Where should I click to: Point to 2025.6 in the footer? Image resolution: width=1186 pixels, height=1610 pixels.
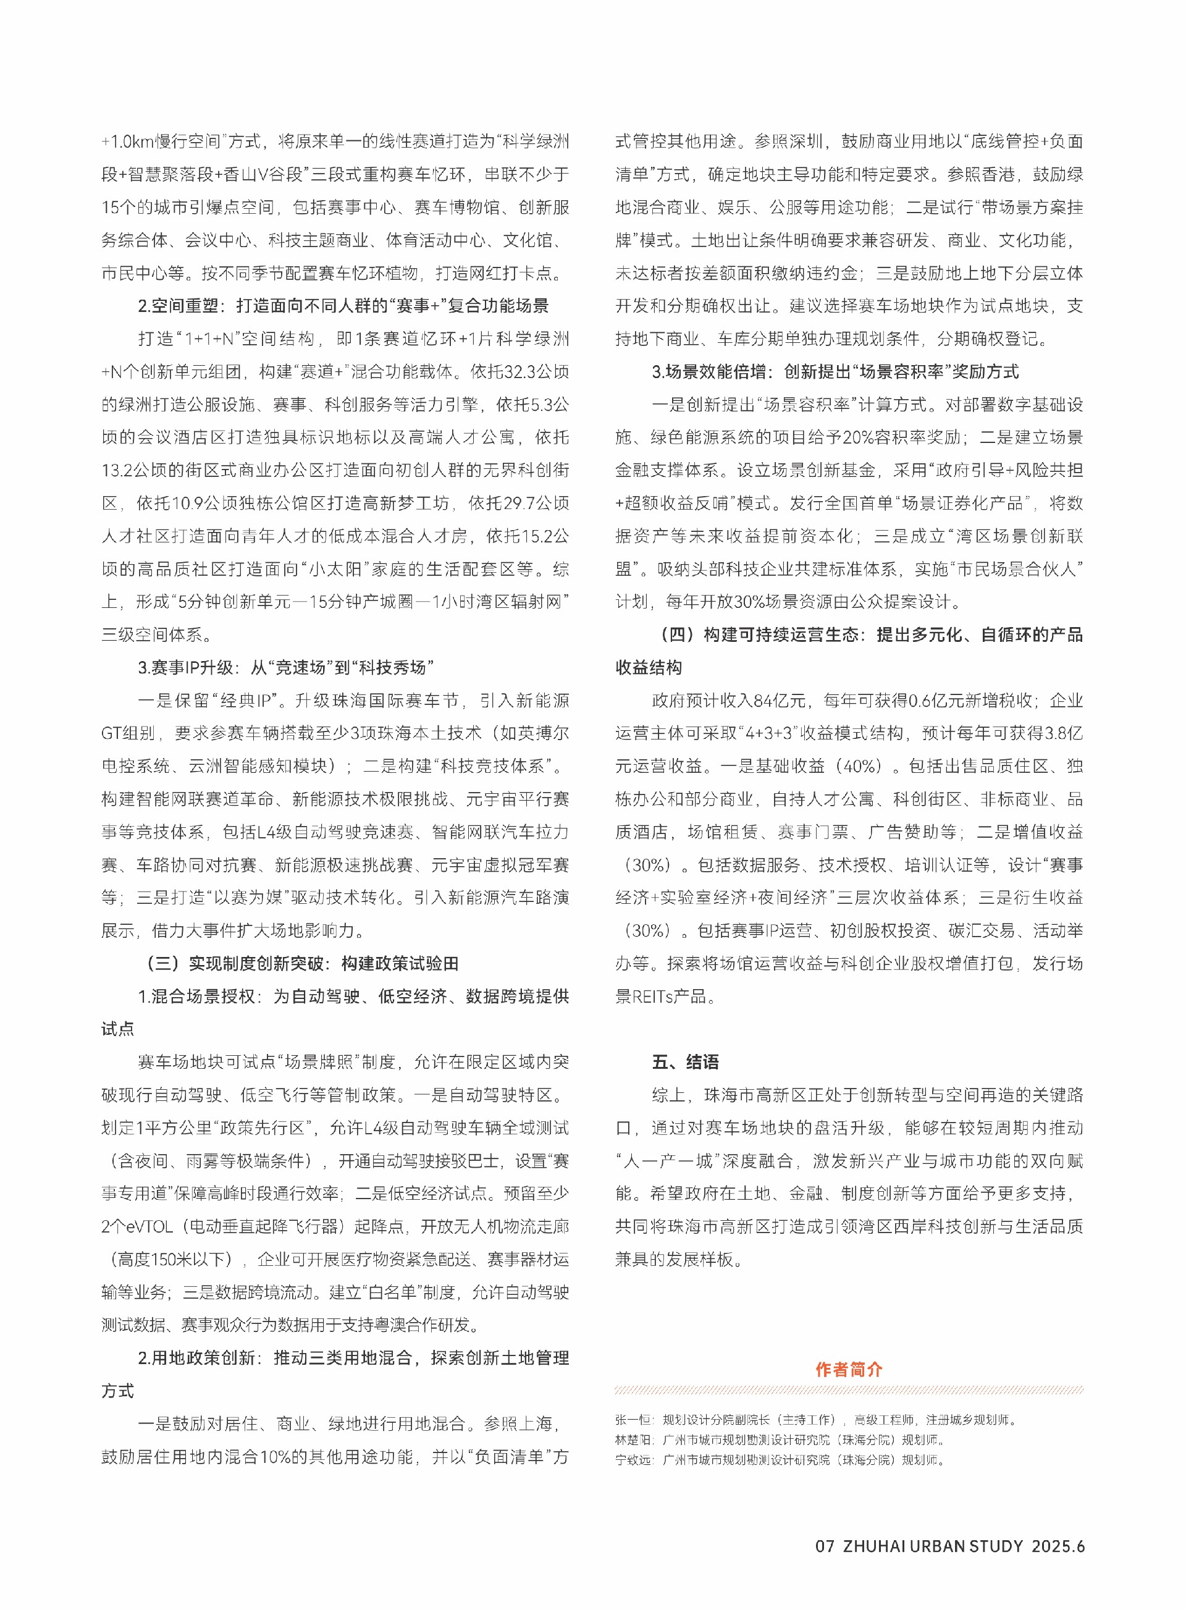pyautogui.click(x=1058, y=1546)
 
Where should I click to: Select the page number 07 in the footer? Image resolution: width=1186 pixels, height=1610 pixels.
pyautogui.click(x=825, y=1546)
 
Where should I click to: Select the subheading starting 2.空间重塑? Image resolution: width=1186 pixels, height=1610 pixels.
pyautogui.click(x=343, y=306)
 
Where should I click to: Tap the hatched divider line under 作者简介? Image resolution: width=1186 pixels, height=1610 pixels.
pyautogui.click(x=849, y=1390)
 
